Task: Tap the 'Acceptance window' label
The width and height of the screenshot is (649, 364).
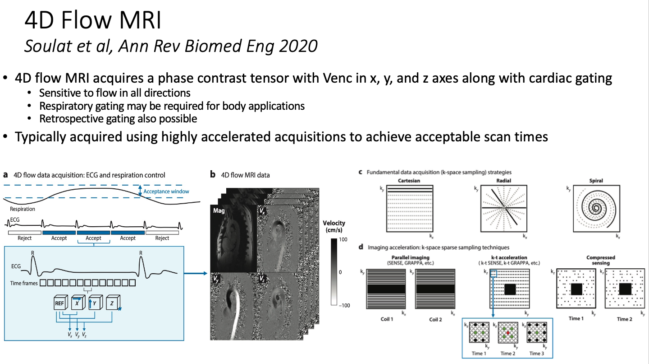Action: (x=166, y=191)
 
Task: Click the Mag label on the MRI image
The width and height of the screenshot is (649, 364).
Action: (x=220, y=210)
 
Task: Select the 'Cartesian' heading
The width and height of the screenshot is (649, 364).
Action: (x=409, y=181)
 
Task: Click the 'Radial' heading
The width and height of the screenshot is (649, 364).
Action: (x=503, y=181)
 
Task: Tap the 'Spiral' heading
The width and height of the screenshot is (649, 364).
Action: (x=596, y=181)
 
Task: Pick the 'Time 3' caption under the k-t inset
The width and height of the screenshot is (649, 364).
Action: (x=536, y=353)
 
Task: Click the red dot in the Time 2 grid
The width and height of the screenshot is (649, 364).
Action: (x=508, y=333)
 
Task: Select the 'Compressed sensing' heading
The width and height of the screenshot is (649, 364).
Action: (x=600, y=261)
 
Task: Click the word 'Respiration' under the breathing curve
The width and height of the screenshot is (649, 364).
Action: (x=23, y=209)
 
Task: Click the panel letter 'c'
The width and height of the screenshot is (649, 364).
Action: (x=361, y=173)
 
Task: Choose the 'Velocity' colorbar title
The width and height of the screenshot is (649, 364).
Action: (x=334, y=223)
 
